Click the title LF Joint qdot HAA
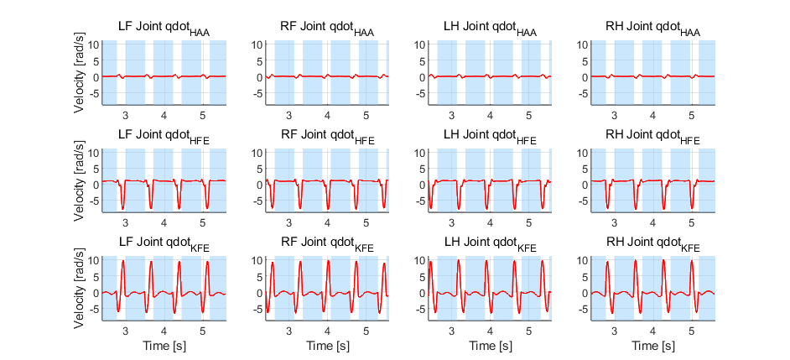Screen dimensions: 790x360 point(164,30)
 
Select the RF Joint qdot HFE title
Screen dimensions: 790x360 point(327,137)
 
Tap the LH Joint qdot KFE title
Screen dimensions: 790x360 point(490,245)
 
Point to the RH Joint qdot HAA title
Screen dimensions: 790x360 point(653,30)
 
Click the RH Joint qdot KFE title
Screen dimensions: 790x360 point(653,245)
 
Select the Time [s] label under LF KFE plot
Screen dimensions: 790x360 point(164,347)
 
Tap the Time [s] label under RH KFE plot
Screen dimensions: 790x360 point(653,347)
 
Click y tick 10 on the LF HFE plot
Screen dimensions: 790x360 point(94,151)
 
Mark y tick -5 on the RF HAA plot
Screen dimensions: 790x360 point(256,93)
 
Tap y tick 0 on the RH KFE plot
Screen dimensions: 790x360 point(585,292)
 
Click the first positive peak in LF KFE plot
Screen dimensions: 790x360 point(123,261)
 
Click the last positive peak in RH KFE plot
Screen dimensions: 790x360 point(691,261)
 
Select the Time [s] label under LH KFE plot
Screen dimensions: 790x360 point(490,347)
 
